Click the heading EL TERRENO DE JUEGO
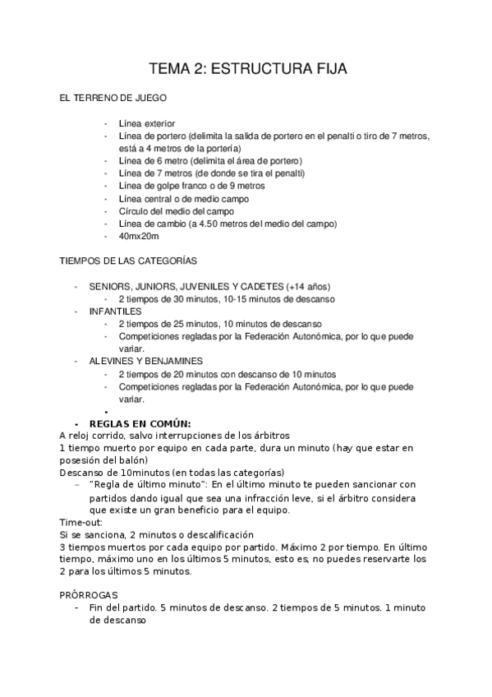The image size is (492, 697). point(113,98)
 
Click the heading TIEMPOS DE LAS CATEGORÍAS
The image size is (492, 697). point(129,261)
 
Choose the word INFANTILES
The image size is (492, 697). point(116,312)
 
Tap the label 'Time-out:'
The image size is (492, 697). point(82,522)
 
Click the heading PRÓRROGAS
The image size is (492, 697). point(90,594)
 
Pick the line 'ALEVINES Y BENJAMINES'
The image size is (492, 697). point(146,361)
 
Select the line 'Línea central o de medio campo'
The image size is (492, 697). point(184,198)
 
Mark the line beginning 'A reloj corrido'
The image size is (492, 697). point(174,435)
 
